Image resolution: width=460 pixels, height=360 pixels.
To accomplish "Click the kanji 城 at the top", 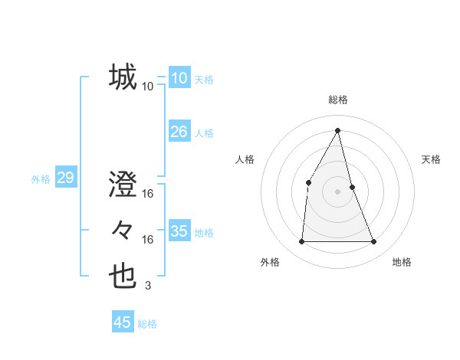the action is [x=123, y=77].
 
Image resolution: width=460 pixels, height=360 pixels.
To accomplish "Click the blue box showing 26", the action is [x=179, y=132].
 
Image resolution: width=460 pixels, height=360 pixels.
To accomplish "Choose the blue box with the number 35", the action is [x=179, y=231].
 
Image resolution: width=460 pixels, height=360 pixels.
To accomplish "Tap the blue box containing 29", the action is [x=65, y=178].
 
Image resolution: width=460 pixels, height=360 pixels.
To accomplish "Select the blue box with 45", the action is [x=123, y=322].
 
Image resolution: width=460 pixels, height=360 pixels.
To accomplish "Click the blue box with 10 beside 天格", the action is [x=179, y=78].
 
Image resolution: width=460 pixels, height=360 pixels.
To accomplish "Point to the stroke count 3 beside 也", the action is [x=148, y=286].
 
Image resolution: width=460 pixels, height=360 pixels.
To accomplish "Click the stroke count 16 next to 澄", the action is [x=148, y=193].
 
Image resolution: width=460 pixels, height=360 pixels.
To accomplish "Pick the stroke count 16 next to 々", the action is [x=148, y=240].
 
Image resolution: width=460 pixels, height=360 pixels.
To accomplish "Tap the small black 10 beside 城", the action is [x=148, y=87].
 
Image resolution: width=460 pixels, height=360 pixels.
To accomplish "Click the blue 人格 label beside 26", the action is [x=204, y=133].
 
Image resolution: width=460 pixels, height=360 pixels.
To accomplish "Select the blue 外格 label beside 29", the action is [x=41, y=179].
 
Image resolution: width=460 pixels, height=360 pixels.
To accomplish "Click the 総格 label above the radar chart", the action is [x=337, y=100].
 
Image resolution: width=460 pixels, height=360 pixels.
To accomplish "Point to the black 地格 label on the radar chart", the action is [x=402, y=262].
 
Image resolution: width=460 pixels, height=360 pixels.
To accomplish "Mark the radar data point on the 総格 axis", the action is [x=337, y=130].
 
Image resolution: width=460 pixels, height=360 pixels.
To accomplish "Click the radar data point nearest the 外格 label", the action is [x=301, y=241].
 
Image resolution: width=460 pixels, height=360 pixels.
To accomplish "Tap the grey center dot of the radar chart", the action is [x=337, y=191].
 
